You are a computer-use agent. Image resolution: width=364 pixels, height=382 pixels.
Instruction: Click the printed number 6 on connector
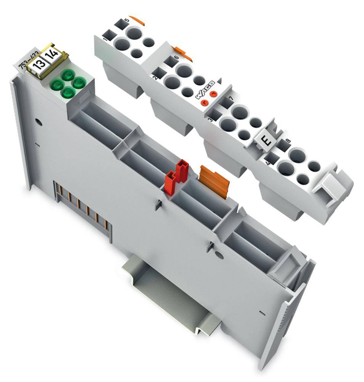tap(176, 57)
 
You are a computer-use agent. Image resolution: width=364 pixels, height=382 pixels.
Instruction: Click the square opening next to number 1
tap(109, 36)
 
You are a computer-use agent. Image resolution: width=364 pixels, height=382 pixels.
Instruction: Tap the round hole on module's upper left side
tap(38, 123)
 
